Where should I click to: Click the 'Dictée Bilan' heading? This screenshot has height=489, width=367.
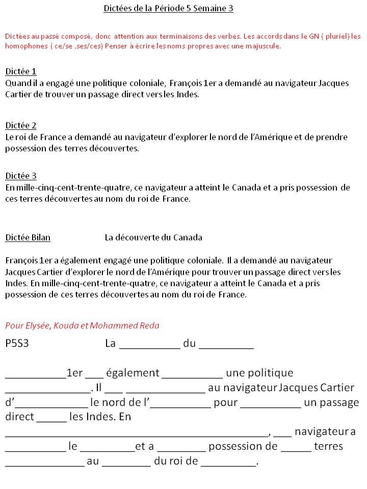pyautogui.click(x=28, y=237)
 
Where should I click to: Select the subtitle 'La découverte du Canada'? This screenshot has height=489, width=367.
pyautogui.click(x=153, y=237)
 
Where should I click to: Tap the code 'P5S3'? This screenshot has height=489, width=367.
pyautogui.click(x=17, y=343)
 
